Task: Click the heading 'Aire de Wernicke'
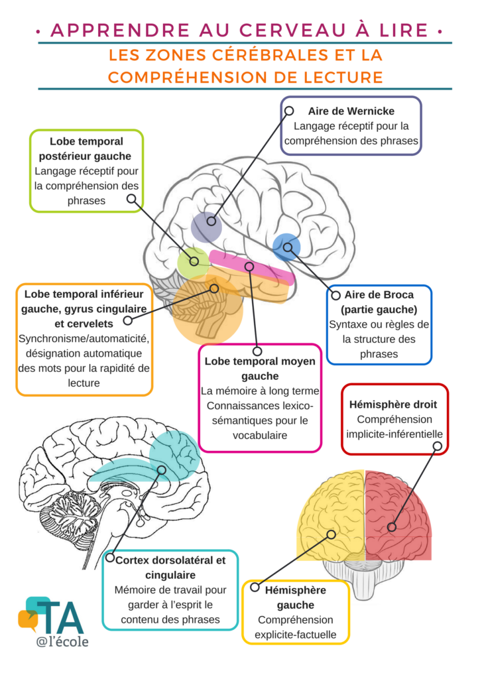click(x=351, y=111)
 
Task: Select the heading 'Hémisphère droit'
click(x=393, y=404)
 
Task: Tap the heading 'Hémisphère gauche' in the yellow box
click(x=295, y=597)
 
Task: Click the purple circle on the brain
click(x=206, y=227)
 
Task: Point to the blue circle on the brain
click(x=286, y=247)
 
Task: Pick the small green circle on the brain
click(x=192, y=261)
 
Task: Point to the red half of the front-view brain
click(x=398, y=517)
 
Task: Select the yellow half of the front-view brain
click(x=331, y=517)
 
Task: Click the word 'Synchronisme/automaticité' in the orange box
click(x=84, y=339)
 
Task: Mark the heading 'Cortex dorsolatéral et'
click(x=170, y=560)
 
